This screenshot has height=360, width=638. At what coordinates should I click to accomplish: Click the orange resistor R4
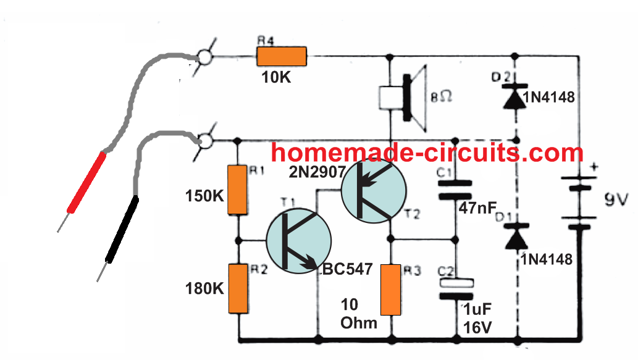282,57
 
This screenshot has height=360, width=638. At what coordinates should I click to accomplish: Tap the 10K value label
276,80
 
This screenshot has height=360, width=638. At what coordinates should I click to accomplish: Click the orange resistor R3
391,290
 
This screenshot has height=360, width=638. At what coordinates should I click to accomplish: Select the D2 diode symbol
516,99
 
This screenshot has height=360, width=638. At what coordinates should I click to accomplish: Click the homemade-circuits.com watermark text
427,152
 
